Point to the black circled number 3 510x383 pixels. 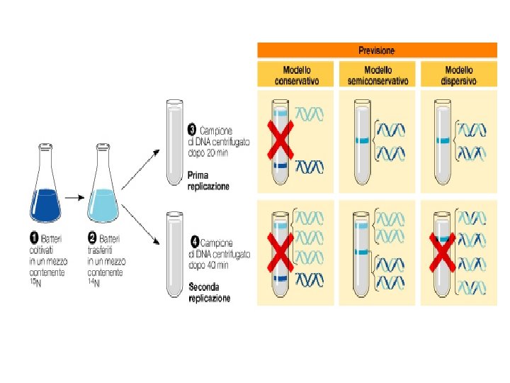click(191, 131)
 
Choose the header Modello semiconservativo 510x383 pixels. click(378, 75)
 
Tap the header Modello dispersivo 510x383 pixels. click(459, 75)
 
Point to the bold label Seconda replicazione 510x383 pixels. click(209, 293)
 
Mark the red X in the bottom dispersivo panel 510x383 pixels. click(442, 252)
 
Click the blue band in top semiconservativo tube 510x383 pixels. click(363, 141)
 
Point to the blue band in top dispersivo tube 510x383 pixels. click(443, 140)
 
